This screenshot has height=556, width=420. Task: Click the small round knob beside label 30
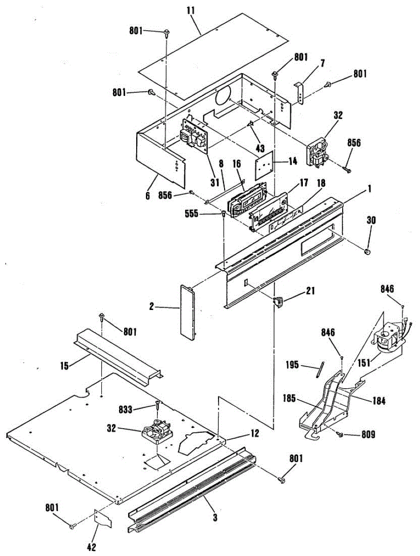[367, 252]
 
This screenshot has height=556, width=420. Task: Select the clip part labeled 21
[278, 302]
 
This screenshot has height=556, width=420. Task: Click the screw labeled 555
[224, 214]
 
